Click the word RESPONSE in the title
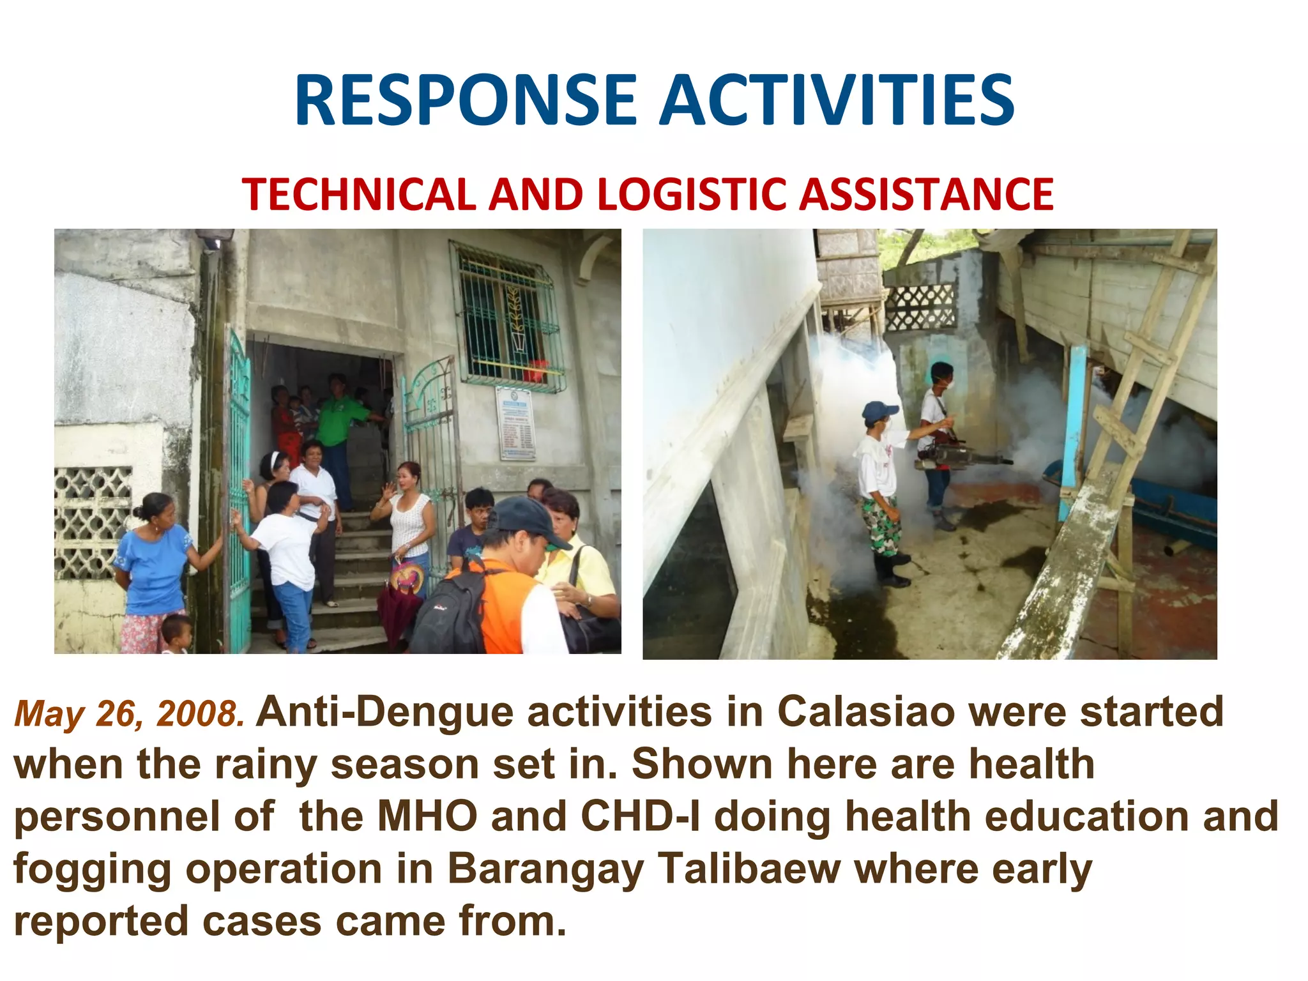click(x=466, y=100)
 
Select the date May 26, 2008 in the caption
click(x=130, y=714)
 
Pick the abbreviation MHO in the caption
click(x=427, y=816)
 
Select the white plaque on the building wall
click(x=516, y=423)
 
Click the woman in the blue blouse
click(x=153, y=562)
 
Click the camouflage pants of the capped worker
click(x=882, y=524)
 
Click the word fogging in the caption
click(x=92, y=870)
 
